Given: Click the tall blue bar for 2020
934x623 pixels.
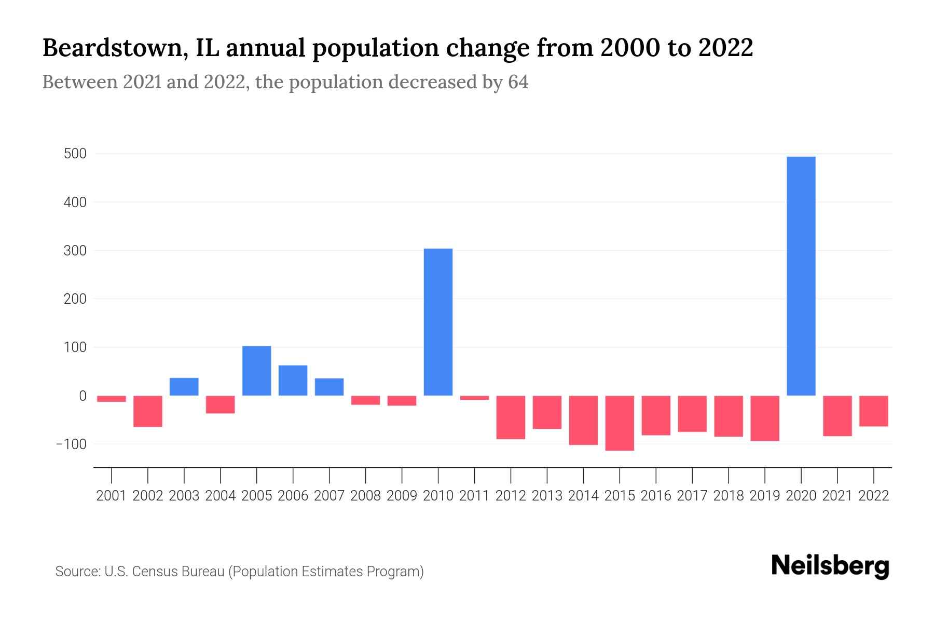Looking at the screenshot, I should point(801,276).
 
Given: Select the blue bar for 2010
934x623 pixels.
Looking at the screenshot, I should point(438,322).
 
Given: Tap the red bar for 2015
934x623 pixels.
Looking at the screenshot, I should point(620,423).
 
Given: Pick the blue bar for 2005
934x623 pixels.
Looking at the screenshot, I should point(256,371).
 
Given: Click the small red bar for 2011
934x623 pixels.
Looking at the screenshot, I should point(474,398).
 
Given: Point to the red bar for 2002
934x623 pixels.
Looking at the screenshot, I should point(148,411).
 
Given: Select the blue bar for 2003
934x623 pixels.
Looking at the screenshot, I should point(184,387).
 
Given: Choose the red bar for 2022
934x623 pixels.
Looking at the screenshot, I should point(873,411).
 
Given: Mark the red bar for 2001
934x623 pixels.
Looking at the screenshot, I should point(112,399).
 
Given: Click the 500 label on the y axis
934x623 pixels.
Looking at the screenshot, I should point(76,154).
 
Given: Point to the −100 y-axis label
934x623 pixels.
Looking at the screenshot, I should point(72,444).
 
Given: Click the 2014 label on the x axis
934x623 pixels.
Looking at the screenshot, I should point(583,496).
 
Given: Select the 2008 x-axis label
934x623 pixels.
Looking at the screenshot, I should point(365,496).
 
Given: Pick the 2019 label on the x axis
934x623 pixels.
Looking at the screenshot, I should point(764,496).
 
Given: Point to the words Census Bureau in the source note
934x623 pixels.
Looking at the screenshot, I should point(178,572).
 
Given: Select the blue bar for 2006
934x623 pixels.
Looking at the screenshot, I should point(293,381).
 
